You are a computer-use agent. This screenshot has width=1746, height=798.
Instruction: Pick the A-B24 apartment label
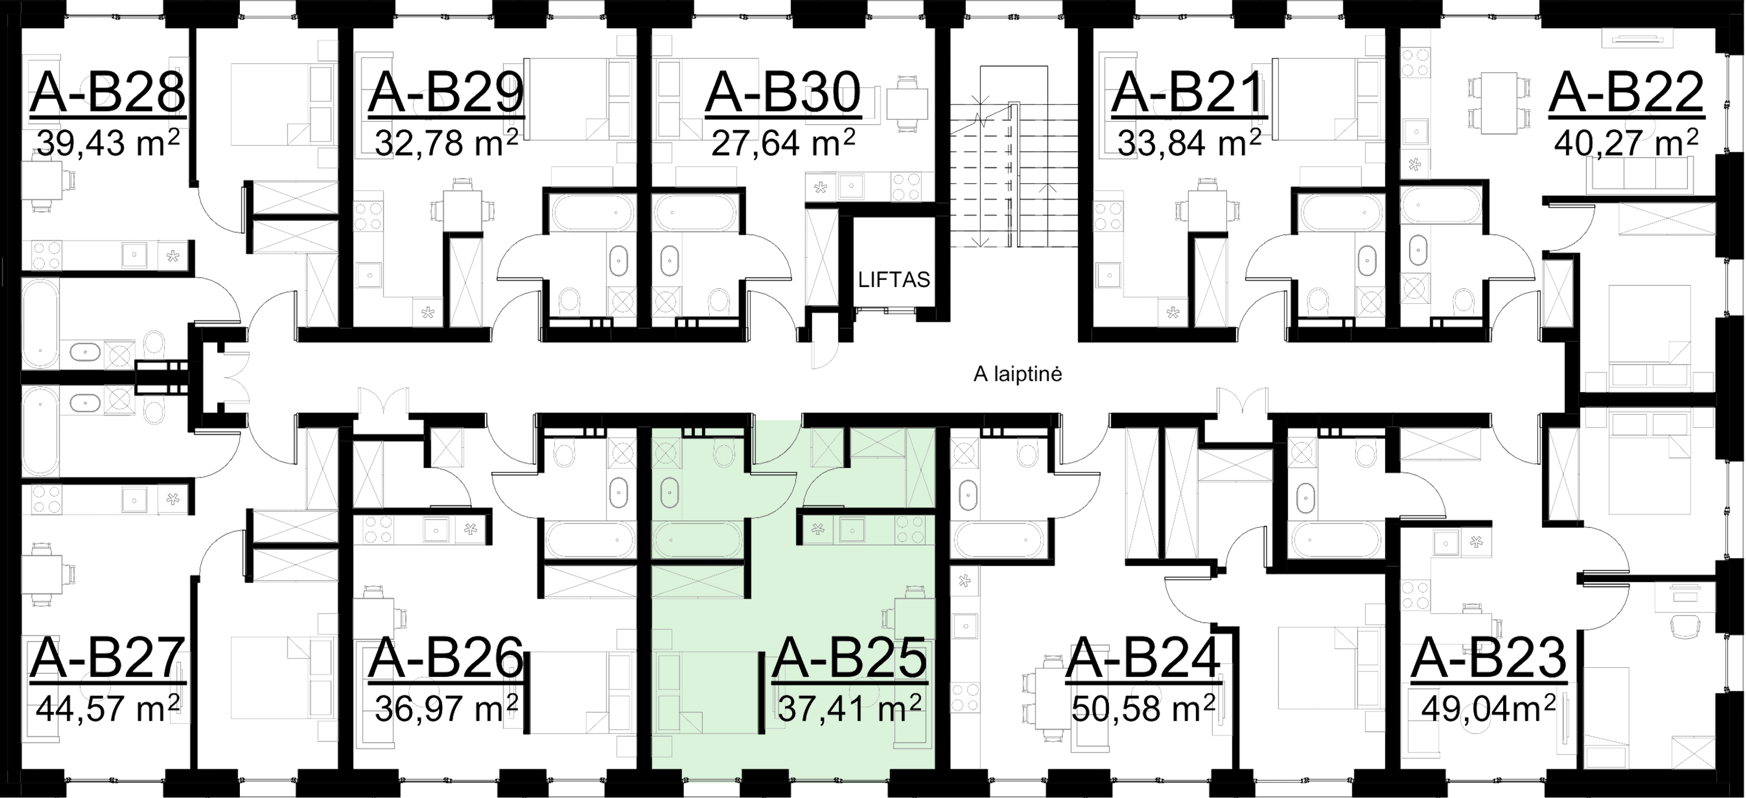pyautogui.click(x=1144, y=659)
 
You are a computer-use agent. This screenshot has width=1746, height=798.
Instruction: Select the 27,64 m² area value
pyautogui.click(x=782, y=143)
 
